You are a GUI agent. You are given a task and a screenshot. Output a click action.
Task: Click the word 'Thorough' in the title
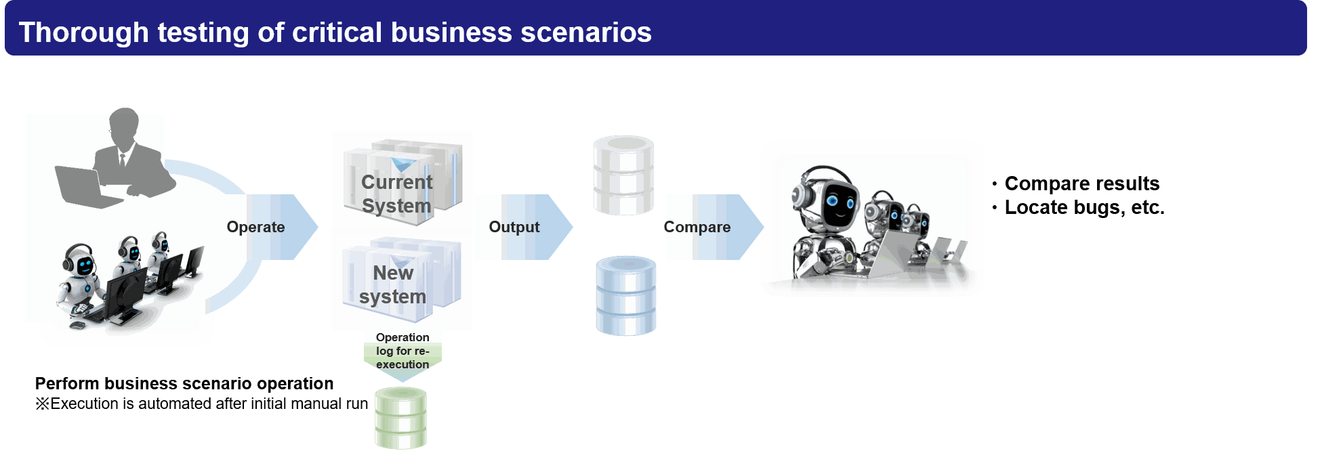click(x=83, y=32)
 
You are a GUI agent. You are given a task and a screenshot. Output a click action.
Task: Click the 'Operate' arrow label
click(x=255, y=227)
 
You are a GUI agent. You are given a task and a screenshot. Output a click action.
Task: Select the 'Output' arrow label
click(x=514, y=227)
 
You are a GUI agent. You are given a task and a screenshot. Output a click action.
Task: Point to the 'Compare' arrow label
click(x=697, y=227)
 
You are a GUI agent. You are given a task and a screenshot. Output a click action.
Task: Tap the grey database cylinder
click(x=623, y=175)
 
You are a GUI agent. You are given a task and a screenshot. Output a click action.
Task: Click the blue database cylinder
click(x=626, y=296)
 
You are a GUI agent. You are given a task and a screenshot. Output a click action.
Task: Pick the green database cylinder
click(x=401, y=418)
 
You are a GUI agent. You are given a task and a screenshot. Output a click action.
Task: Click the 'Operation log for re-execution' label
click(x=402, y=351)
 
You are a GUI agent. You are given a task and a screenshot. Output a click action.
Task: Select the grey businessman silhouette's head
click(x=124, y=124)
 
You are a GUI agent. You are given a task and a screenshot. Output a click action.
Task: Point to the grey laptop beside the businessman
click(x=85, y=187)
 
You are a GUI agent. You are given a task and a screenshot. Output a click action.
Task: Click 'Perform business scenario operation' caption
click(x=184, y=383)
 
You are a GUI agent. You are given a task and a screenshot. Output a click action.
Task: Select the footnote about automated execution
click(x=201, y=404)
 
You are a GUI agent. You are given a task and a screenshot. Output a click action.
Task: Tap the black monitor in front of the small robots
click(x=125, y=293)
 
